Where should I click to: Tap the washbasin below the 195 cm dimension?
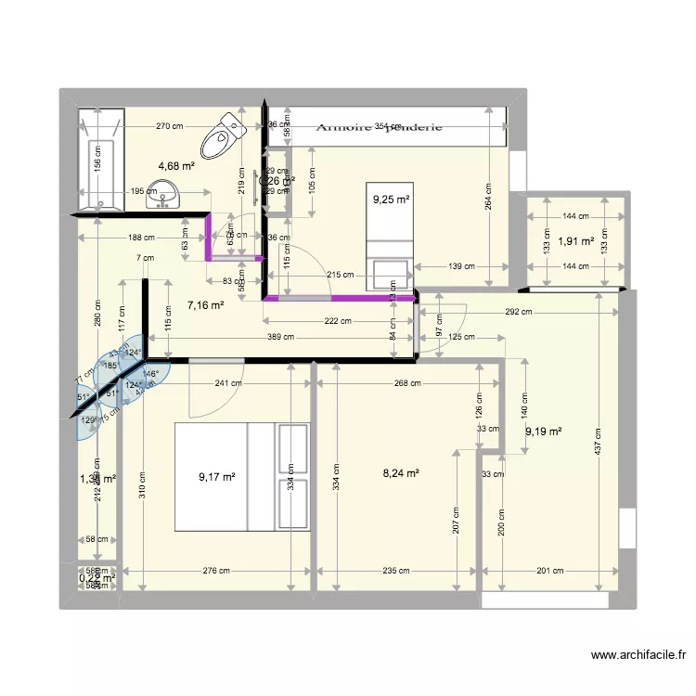coord(169,197)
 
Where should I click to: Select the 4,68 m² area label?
coord(175,166)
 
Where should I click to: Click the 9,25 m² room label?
coord(391,199)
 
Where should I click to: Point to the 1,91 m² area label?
coord(575,242)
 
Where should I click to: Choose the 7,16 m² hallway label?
coord(205,303)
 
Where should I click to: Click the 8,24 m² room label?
coord(401,472)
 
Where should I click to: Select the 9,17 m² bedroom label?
coord(216,477)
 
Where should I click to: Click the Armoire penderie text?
coord(379,128)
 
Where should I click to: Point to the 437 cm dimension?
coord(599,448)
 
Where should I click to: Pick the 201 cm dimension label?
coord(548,572)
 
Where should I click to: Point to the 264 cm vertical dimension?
coord(488,197)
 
